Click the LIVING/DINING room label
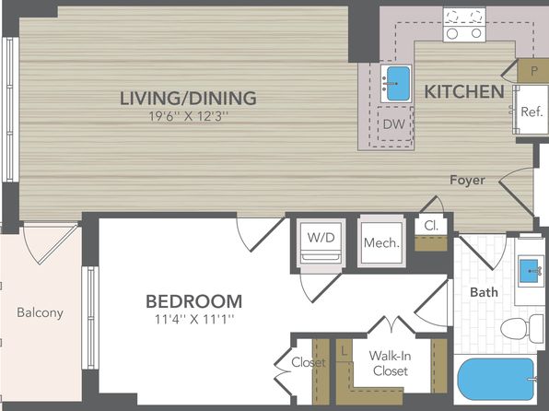click(x=188, y=98)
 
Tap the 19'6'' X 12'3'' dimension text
click(x=188, y=116)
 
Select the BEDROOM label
click(x=194, y=301)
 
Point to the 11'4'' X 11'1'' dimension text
click(x=194, y=319)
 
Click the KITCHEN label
click(x=464, y=92)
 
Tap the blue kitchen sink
click(x=398, y=83)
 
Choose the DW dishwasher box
click(x=394, y=123)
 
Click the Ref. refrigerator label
click(x=531, y=112)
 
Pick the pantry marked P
click(x=533, y=71)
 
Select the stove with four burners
click(x=464, y=25)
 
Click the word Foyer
click(x=467, y=180)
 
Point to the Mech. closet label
click(x=381, y=242)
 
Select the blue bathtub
click(x=496, y=379)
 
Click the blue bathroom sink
click(x=529, y=271)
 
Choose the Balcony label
click(x=41, y=312)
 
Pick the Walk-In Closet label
click(x=390, y=363)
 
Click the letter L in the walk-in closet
click(x=345, y=351)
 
